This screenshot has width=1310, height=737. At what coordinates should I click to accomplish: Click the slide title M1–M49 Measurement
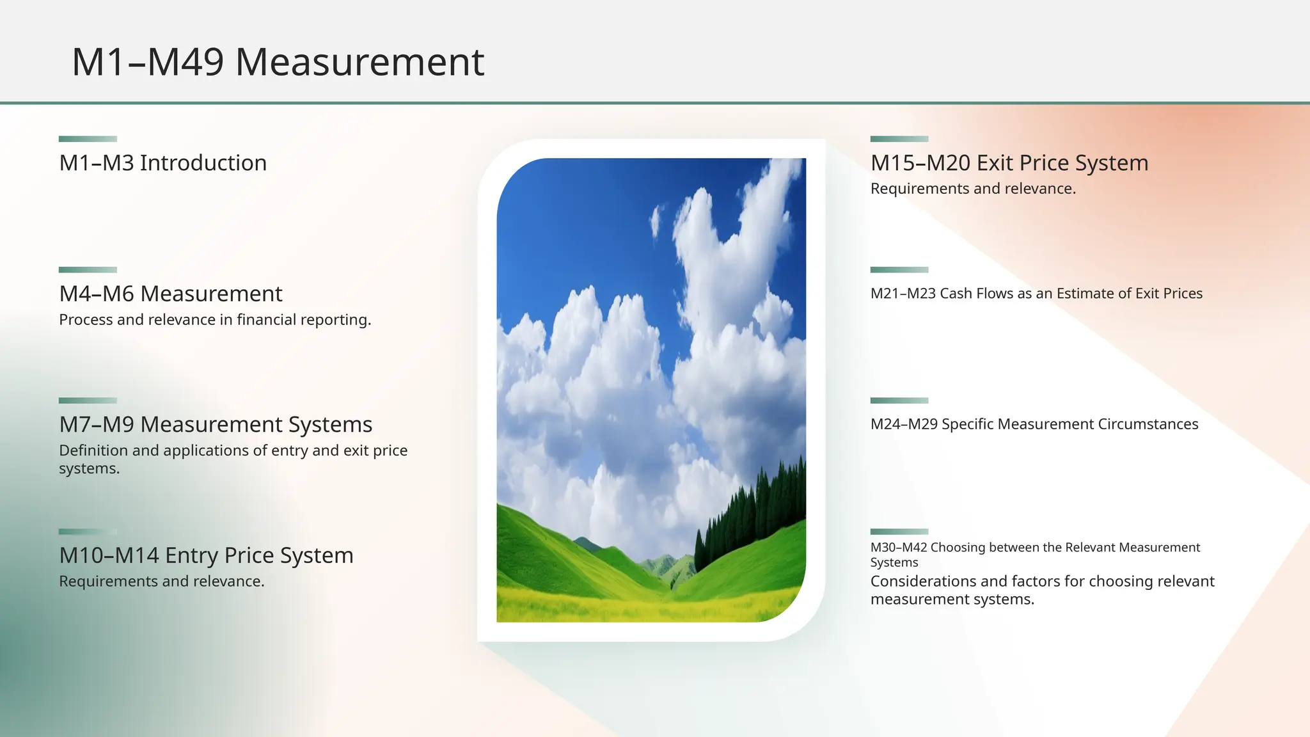278,62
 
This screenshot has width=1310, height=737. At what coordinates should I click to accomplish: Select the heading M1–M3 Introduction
162,163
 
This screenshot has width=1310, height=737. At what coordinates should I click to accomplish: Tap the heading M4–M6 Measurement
170,294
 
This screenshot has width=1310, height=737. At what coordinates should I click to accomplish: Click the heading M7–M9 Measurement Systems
216,425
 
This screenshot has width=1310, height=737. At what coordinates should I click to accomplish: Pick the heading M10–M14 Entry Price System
206,555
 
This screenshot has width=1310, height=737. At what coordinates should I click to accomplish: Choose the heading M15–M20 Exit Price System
1009,163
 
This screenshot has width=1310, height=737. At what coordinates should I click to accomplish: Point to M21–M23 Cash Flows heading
1036,294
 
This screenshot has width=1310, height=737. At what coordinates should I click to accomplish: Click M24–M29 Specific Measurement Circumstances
1034,424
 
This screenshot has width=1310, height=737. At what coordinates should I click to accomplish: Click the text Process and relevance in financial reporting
215,320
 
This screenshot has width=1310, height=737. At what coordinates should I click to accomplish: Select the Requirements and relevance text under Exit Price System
972,189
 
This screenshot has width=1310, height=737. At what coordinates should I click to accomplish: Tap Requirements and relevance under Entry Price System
161,582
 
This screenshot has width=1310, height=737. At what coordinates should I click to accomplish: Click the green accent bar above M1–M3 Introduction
88,139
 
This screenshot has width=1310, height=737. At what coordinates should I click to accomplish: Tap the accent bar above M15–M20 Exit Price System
899,139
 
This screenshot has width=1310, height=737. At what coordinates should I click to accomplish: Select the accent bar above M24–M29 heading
899,400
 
